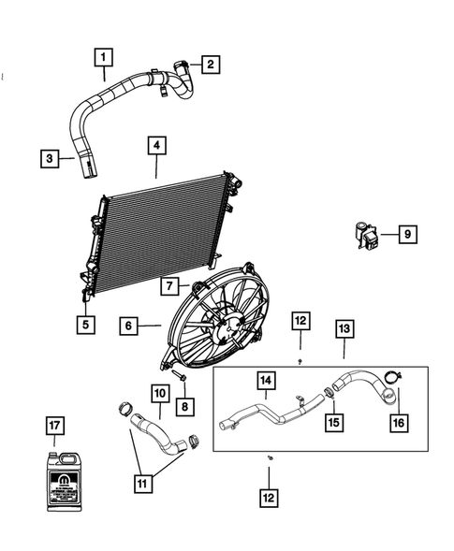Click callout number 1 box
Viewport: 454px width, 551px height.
(x=105, y=58)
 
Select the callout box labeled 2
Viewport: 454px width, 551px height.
(x=212, y=64)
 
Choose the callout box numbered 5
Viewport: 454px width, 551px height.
(x=86, y=325)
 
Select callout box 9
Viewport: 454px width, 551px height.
(x=407, y=235)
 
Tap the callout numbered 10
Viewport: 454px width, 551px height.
(x=158, y=395)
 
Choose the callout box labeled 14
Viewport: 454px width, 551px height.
(x=266, y=381)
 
